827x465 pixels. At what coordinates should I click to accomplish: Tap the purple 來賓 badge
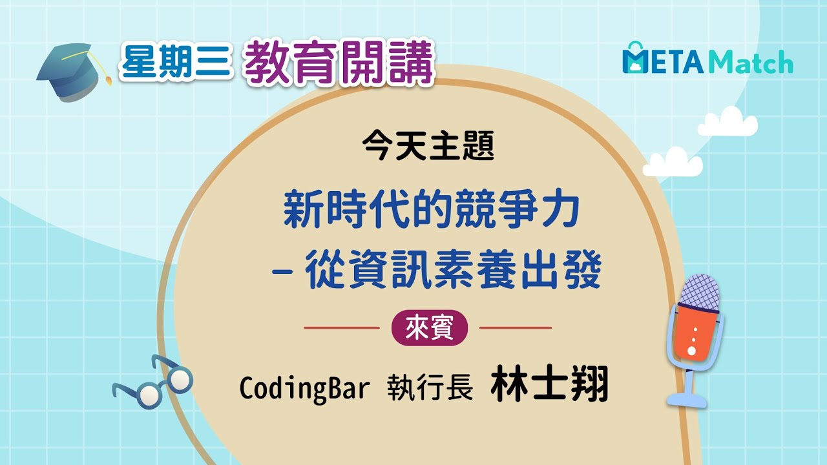click(429, 328)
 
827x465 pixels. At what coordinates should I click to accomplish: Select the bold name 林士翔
click(549, 385)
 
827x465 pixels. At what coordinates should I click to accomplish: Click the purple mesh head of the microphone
click(700, 292)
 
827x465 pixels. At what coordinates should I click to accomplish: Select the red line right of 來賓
click(515, 328)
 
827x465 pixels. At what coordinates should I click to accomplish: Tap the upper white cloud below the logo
click(728, 123)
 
